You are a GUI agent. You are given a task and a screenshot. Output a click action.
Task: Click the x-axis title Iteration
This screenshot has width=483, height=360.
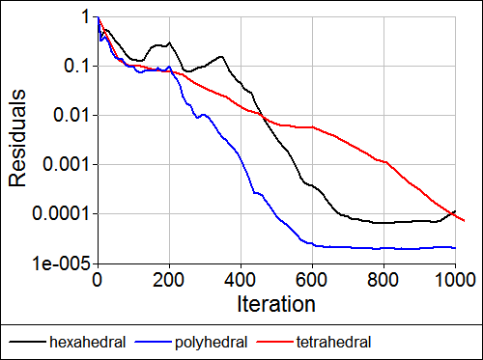275,305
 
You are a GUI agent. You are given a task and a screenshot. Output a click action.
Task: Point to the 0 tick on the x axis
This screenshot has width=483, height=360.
97,280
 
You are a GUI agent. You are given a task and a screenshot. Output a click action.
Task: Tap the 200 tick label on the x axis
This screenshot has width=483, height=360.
168,280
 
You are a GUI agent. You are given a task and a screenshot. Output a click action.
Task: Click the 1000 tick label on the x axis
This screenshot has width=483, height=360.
454,280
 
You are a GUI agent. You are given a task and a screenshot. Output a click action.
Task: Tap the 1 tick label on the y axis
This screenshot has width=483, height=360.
86,17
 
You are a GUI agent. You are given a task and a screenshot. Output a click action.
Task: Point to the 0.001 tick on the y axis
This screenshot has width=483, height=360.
68,164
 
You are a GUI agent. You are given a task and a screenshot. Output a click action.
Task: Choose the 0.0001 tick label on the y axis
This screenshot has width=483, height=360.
63,213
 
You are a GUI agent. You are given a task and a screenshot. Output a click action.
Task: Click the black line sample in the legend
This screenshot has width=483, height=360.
28,342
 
